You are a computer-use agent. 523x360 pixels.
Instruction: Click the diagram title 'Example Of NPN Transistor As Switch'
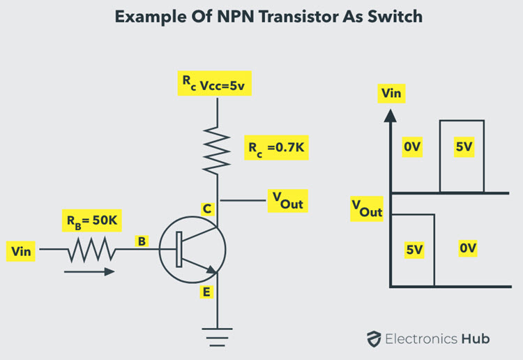click(268, 17)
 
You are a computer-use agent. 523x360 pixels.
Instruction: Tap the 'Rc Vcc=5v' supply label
click(214, 84)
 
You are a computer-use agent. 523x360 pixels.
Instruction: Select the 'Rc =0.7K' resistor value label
click(277, 148)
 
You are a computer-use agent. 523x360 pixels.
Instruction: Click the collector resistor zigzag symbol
click(217, 150)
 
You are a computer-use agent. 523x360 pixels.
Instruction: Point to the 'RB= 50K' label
click(92, 220)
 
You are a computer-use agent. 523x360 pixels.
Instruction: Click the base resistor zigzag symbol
click(92, 249)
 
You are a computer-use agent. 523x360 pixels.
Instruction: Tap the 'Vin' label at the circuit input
click(21, 251)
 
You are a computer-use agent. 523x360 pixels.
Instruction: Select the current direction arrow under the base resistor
click(89, 272)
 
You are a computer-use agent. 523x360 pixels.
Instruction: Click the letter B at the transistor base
click(142, 241)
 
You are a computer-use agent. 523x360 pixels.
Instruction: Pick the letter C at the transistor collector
click(207, 209)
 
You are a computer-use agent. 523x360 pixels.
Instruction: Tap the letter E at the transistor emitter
click(206, 292)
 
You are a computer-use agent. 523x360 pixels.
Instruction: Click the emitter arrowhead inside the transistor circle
click(212, 269)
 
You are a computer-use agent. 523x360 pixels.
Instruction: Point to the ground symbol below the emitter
click(217, 337)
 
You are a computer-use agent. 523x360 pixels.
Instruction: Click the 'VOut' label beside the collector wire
click(287, 201)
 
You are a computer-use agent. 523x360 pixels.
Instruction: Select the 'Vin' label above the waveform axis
click(391, 93)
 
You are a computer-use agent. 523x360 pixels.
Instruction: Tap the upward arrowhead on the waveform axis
click(391, 116)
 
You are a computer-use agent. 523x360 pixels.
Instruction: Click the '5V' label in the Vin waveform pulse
click(464, 147)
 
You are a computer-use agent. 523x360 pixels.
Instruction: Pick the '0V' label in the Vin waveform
click(412, 147)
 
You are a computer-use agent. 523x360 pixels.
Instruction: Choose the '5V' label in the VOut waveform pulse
click(414, 250)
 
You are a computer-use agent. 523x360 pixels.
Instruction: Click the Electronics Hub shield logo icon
click(374, 339)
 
